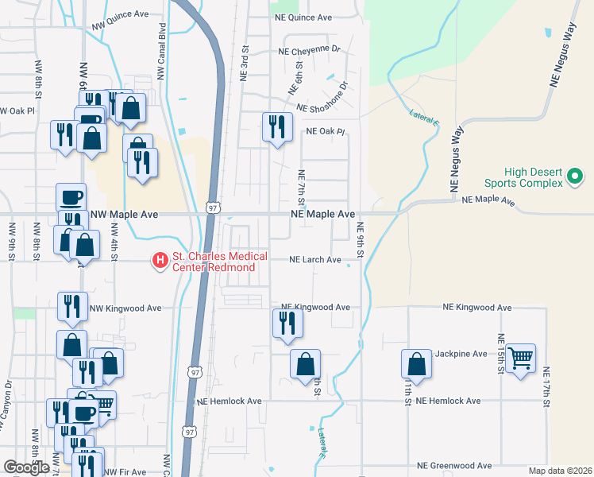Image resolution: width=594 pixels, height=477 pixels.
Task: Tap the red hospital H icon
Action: [x=160, y=260]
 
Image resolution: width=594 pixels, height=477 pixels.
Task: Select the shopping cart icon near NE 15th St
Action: [x=520, y=359]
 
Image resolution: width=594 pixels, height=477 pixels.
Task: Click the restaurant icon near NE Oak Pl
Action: [x=277, y=127]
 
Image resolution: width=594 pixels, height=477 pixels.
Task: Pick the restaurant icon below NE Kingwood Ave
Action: [x=287, y=324]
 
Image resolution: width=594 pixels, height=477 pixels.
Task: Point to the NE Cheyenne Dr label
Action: [x=309, y=50]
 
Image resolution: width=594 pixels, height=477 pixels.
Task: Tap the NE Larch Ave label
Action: [x=314, y=260]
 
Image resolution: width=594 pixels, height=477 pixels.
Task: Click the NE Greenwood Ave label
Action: [x=455, y=466]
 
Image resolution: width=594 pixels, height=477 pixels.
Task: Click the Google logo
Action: [x=26, y=467]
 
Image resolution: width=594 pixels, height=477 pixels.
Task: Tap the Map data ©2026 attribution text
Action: [x=560, y=471]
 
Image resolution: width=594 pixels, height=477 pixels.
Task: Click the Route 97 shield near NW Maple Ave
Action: [x=211, y=207]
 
